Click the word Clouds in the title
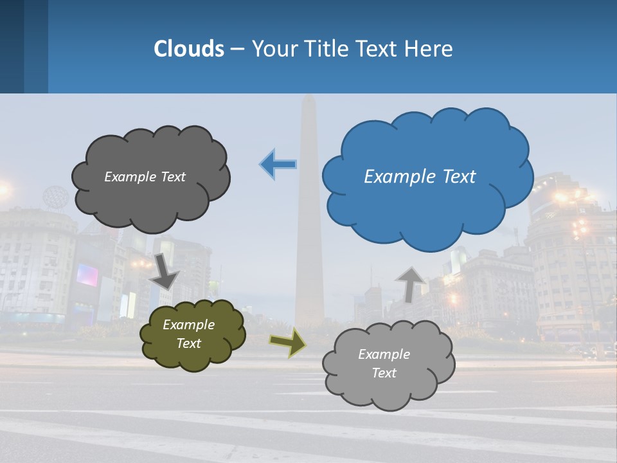189,49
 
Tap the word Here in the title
429,49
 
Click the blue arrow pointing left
278,165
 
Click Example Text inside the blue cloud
420,177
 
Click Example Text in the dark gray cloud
145,177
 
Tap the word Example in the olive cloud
188,325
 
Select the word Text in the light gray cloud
384,373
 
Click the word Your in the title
271,49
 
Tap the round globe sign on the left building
55,196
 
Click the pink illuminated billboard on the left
87,275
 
